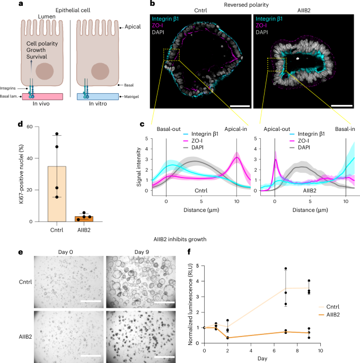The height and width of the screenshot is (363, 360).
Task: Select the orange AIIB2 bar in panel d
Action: click(84, 218)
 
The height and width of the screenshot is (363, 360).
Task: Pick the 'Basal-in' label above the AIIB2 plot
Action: click(347, 129)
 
